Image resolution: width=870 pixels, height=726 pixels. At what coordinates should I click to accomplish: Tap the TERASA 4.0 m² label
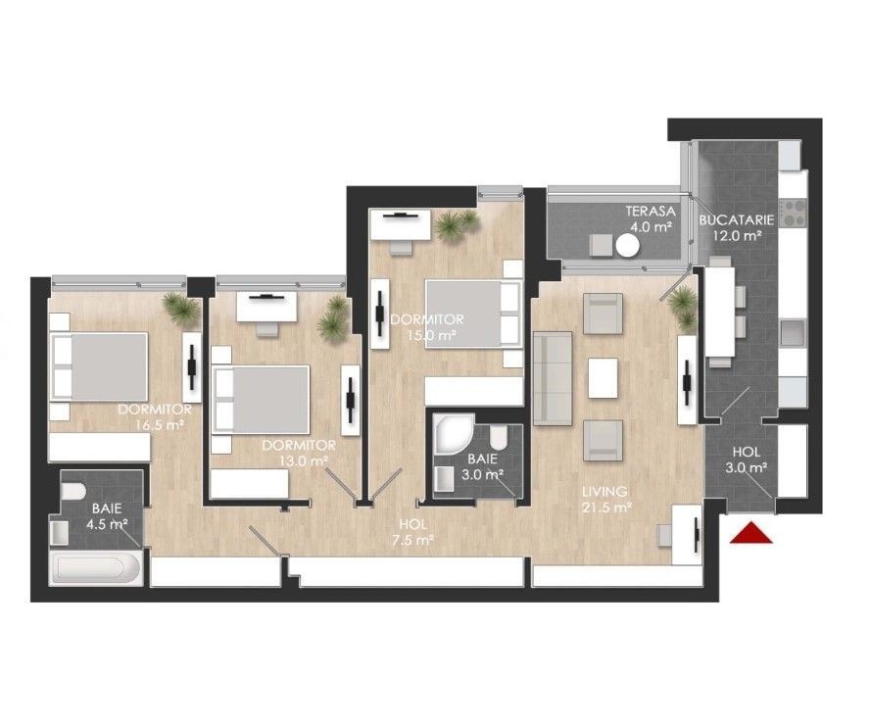pyautogui.click(x=651, y=218)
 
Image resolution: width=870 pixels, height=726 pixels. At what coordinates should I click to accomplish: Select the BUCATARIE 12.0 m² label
pyautogui.click(x=737, y=227)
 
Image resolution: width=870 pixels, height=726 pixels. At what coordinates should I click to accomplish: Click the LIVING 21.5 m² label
pyautogui.click(x=604, y=499)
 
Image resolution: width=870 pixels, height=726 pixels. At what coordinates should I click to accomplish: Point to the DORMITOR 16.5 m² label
pyautogui.click(x=156, y=416)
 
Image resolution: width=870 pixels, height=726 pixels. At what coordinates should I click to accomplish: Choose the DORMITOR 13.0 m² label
pyautogui.click(x=299, y=453)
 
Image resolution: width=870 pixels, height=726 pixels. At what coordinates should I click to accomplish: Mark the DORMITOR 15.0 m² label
pyautogui.click(x=427, y=327)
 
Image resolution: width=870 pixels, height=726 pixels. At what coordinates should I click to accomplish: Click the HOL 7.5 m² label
pyautogui.click(x=412, y=532)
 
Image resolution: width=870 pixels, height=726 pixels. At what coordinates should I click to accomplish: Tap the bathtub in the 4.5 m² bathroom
pyautogui.click(x=97, y=568)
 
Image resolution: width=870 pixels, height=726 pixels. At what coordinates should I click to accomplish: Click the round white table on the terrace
pyautogui.click(x=628, y=245)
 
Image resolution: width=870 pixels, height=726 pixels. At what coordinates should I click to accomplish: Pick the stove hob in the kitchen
pyautogui.click(x=793, y=212)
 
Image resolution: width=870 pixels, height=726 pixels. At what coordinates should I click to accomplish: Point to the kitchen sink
pyautogui.click(x=793, y=333)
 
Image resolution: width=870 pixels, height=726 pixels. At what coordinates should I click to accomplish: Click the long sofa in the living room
pyautogui.click(x=552, y=378)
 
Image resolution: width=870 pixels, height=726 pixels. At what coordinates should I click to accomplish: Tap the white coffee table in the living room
pyautogui.click(x=603, y=377)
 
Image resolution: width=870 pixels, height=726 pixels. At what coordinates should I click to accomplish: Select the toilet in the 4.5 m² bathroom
pyautogui.click(x=72, y=491)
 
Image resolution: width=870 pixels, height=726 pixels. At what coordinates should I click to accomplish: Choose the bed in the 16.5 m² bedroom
pyautogui.click(x=100, y=366)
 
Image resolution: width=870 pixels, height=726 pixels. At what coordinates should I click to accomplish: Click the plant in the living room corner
pyautogui.click(x=683, y=307)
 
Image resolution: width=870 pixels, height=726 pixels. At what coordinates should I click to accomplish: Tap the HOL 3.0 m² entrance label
pyautogui.click(x=747, y=460)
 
